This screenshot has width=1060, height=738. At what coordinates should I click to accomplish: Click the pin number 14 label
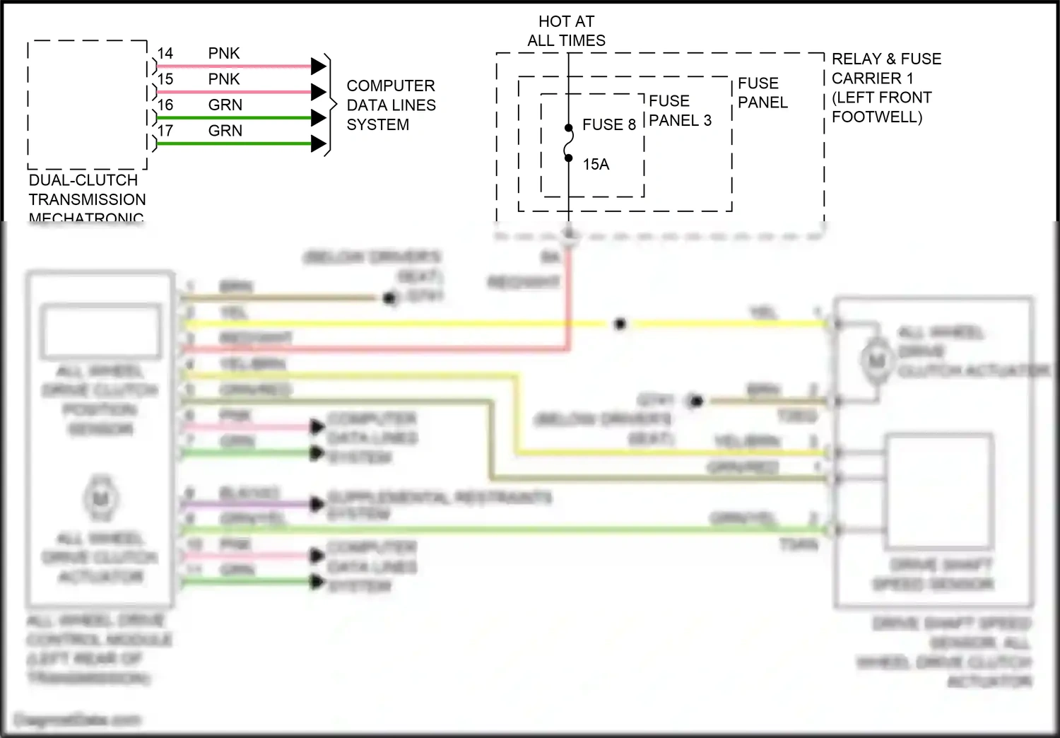coord(165,54)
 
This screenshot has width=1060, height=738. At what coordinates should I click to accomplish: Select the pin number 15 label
coord(165,79)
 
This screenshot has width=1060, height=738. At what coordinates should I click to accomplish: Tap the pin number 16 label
coord(165,105)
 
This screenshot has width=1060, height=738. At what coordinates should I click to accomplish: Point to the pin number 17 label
coord(165,131)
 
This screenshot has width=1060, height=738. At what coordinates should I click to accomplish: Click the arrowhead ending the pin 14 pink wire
coord(319,66)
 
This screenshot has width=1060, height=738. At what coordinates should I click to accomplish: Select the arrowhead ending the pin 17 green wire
coord(319,144)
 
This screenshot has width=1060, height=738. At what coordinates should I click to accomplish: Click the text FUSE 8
coord(608,125)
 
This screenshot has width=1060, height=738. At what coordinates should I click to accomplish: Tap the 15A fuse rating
coord(595,165)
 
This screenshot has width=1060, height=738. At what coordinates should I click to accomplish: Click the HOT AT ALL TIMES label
coord(566,31)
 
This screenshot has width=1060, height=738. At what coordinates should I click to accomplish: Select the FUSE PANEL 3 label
coord(680,111)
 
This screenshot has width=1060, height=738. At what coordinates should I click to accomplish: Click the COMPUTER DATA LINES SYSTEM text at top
coord(391,105)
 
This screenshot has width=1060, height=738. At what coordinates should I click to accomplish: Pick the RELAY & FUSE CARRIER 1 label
coord(886,69)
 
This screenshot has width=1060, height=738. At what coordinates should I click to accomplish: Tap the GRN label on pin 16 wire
coord(225,105)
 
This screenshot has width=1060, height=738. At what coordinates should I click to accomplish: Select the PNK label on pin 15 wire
coord(223,79)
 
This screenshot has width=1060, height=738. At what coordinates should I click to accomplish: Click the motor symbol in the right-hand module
coord(876,361)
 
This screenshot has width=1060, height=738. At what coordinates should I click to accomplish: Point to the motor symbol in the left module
coord(100,499)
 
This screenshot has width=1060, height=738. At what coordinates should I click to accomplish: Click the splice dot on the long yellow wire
coord(620,324)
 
